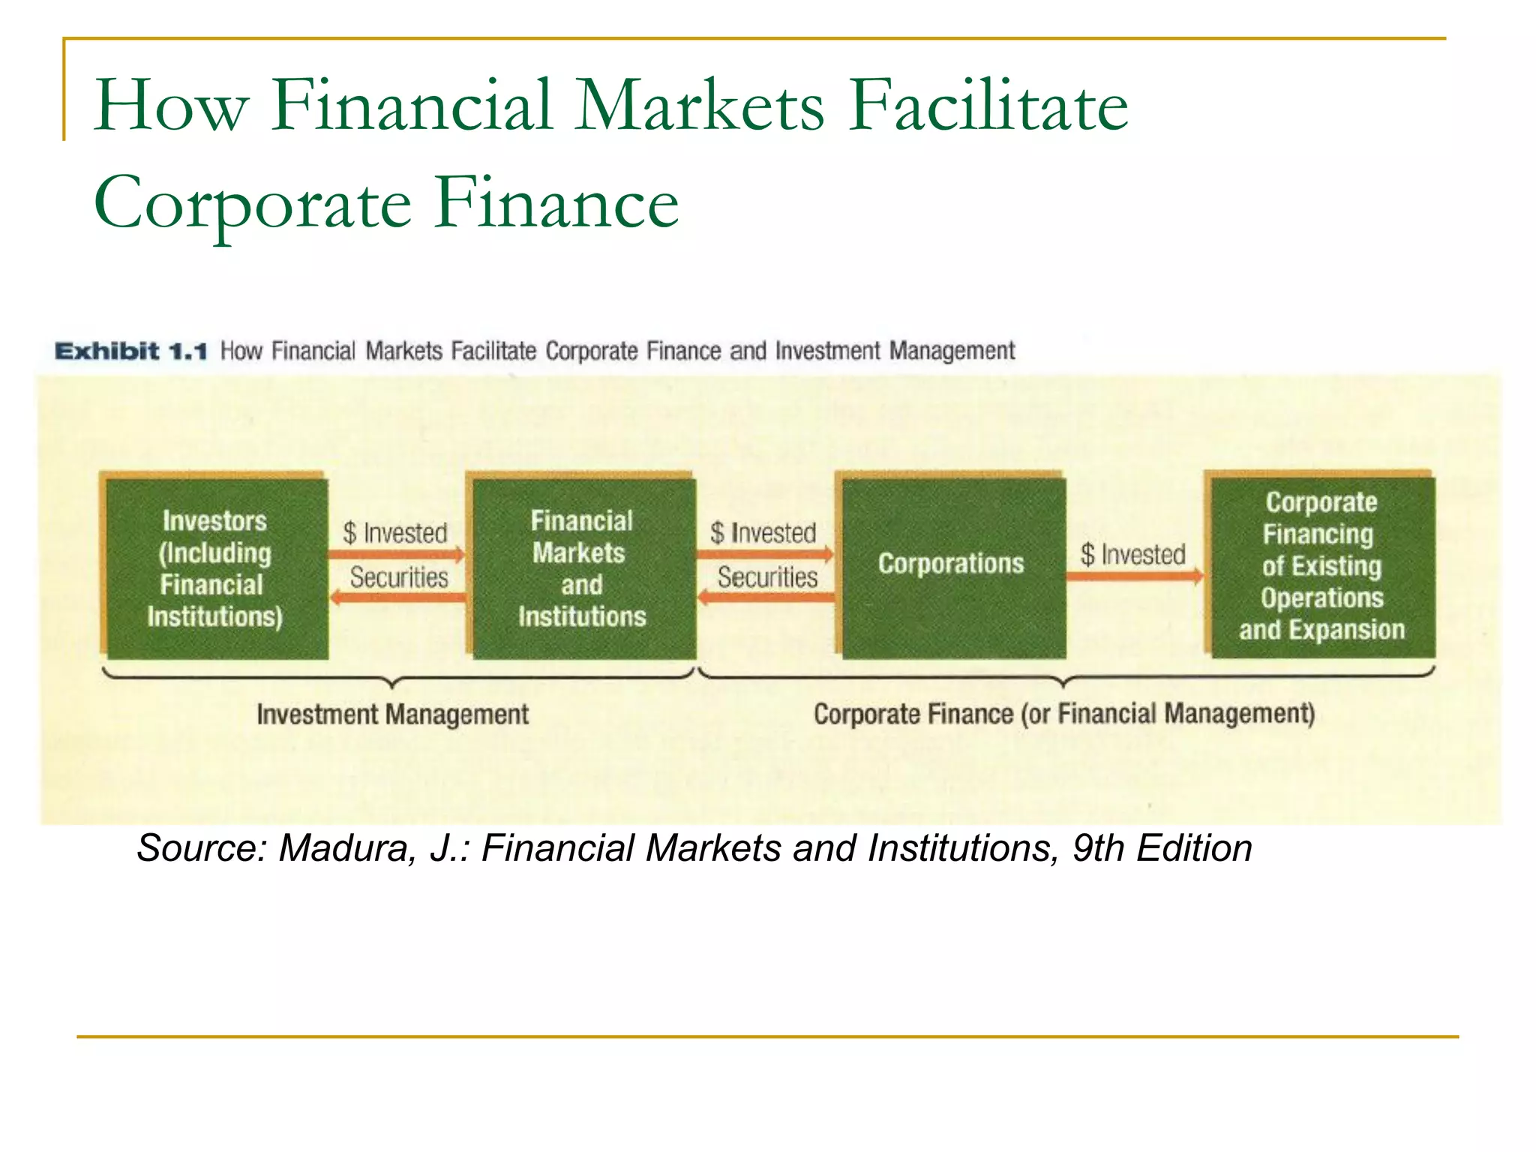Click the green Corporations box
pos(951,567)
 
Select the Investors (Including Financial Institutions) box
pos(215,568)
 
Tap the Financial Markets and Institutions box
pos(582,568)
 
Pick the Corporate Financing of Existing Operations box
pos(1321,566)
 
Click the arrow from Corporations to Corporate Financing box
pos(1134,576)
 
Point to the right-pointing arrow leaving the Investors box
pos(396,555)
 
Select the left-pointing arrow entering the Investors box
pos(397,597)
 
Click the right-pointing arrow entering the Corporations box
pos(764,555)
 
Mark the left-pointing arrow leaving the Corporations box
pos(766,597)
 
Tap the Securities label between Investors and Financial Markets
pos(399,577)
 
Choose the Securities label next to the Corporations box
pos(767,577)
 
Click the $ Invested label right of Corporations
pos(1132,555)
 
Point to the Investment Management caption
pos(392,714)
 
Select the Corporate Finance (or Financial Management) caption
pos(1064,714)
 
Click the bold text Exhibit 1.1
pos(130,351)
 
